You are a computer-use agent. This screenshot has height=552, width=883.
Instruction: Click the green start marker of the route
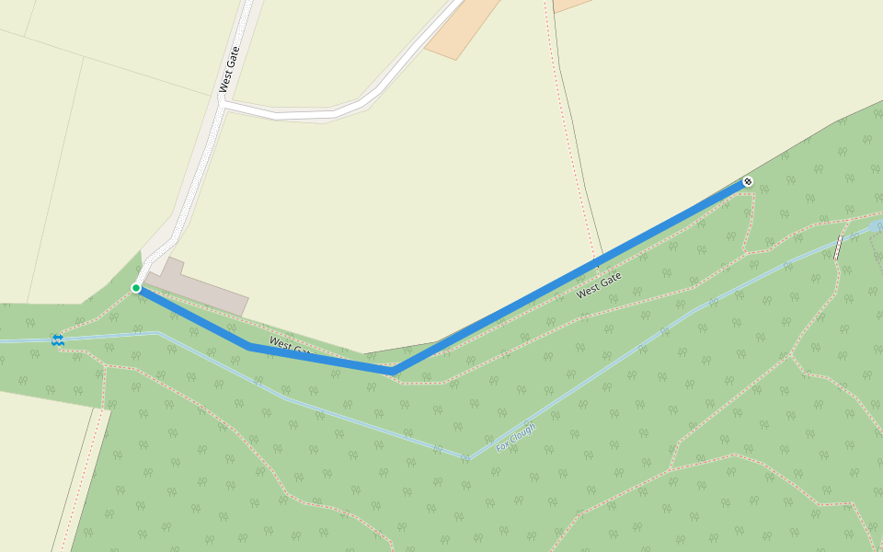pos(136,288)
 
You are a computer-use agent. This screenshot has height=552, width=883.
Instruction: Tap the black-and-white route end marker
pos(748,181)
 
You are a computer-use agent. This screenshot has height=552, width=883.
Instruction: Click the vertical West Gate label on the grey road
pos(229,69)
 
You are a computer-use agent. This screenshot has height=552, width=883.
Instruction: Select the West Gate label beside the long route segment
pos(599,284)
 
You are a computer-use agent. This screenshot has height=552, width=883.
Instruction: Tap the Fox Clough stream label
pos(515,437)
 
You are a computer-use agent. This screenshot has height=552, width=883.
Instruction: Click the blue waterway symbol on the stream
pos(58,340)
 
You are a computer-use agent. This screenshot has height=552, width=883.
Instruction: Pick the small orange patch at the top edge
pos(570,5)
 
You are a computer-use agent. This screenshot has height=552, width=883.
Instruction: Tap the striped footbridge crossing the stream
pos(838,247)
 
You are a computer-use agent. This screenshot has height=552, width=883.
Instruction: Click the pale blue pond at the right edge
pos(876,225)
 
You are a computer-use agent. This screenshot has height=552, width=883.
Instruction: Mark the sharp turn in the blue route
pos(395,370)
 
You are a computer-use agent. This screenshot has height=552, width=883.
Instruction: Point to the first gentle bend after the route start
pos(250,346)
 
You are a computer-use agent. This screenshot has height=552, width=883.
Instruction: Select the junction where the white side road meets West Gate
pos(224,107)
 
